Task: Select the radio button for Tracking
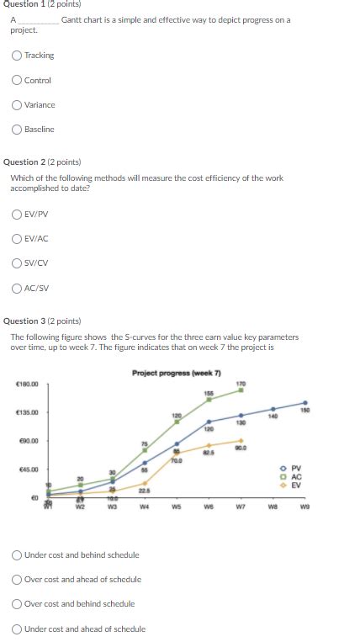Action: (17, 56)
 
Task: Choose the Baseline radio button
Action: (17, 130)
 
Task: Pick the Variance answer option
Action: (17, 105)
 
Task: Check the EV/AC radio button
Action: (17, 238)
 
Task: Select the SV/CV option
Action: (17, 263)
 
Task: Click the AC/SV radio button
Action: (17, 288)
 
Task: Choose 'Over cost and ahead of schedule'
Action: (17, 579)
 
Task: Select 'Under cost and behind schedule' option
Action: (17, 554)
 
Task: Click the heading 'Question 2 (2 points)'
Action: (43, 162)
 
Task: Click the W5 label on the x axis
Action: (177, 507)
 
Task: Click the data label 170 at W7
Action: (241, 384)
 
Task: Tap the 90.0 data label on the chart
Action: (241, 447)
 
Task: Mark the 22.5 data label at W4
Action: (145, 491)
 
